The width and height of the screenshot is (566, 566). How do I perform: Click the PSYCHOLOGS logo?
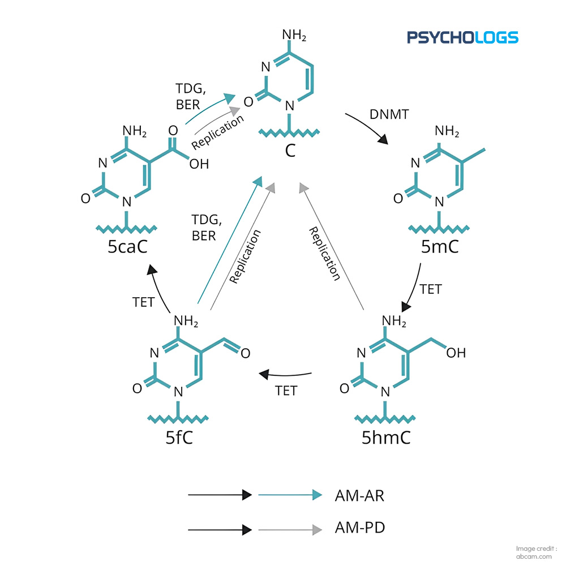click(462, 37)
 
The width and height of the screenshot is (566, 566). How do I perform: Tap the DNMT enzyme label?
click(389, 114)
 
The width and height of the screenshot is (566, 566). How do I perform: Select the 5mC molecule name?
click(440, 247)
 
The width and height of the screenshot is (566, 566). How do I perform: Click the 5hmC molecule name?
click(386, 438)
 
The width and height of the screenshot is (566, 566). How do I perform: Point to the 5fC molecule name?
click(179, 438)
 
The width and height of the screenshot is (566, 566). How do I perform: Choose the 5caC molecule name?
click(127, 247)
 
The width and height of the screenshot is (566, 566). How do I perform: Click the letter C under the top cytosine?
click(290, 151)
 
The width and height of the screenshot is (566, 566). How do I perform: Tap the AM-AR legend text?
click(359, 496)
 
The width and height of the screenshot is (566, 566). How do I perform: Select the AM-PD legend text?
click(360, 528)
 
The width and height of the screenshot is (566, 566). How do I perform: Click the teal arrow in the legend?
click(290, 495)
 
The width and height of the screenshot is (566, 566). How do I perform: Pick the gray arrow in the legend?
click(290, 530)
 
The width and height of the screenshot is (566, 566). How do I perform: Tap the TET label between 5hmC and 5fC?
click(286, 391)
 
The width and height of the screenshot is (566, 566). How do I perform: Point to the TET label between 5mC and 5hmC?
click(431, 289)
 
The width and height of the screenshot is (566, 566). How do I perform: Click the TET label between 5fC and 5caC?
click(143, 302)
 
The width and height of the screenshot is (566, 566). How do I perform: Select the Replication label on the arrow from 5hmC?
click(324, 254)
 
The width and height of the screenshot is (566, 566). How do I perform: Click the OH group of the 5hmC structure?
click(456, 353)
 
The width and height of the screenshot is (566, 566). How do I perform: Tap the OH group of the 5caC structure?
click(199, 164)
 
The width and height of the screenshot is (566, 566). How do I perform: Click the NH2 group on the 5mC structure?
click(447, 131)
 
